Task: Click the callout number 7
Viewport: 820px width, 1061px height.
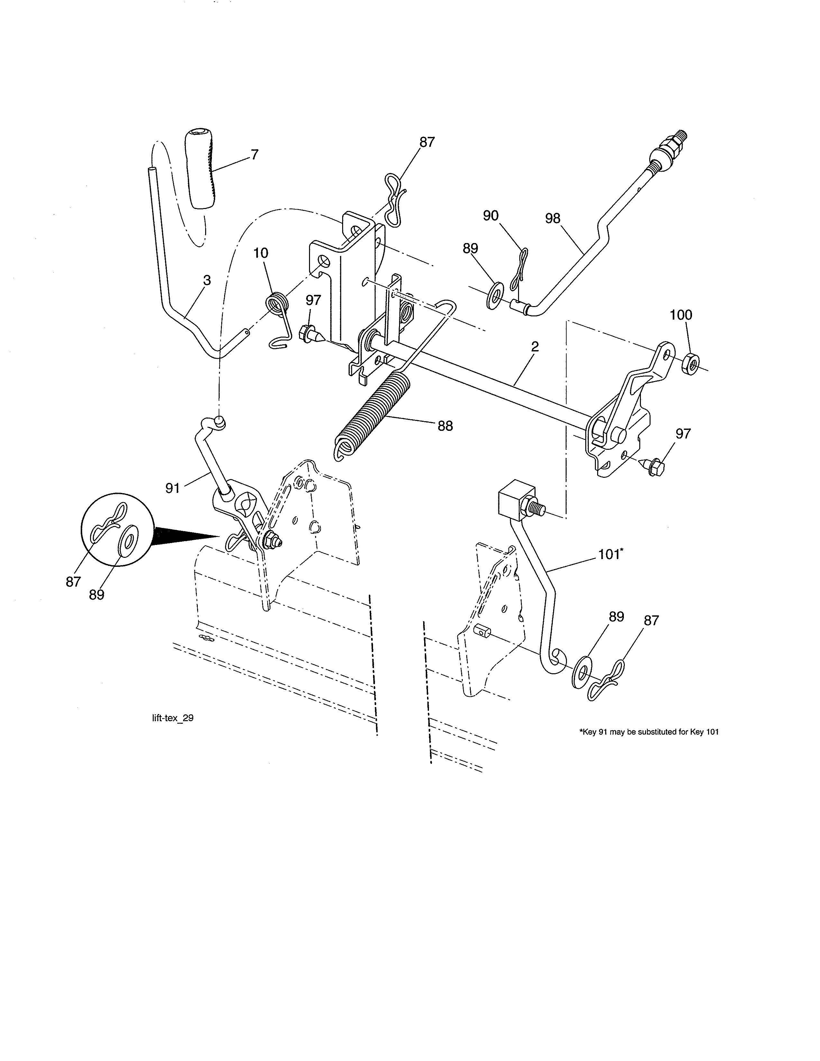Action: (254, 155)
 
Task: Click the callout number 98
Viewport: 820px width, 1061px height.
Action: (552, 219)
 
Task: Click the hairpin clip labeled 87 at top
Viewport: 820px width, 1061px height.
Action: (395, 199)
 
